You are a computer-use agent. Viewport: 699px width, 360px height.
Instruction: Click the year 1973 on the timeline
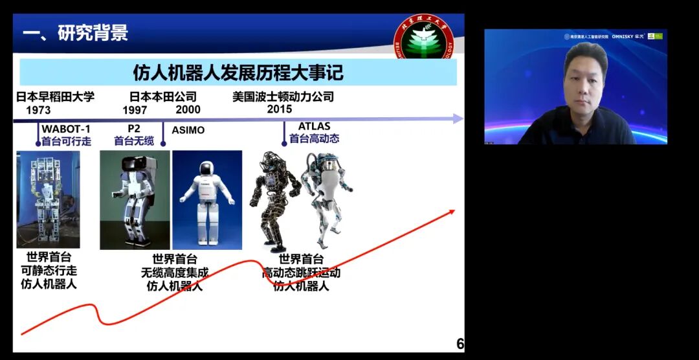pos(38,110)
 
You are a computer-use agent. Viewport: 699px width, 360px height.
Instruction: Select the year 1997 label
pos(135,110)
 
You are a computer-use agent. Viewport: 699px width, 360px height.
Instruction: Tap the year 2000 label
pos(188,110)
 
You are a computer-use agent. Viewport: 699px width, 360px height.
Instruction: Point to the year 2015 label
pos(280,109)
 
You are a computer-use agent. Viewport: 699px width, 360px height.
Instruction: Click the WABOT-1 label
pos(66,129)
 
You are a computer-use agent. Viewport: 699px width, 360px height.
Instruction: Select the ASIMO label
pos(188,130)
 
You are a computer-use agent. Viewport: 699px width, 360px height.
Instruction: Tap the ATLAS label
pos(314,126)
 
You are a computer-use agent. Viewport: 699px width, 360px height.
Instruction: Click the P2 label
pos(134,129)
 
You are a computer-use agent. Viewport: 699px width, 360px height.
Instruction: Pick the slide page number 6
pos(460,344)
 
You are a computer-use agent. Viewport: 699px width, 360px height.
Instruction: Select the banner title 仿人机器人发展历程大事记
pos(238,72)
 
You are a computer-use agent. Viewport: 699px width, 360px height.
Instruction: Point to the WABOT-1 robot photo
pos(48,199)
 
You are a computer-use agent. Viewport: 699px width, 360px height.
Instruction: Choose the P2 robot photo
pos(135,199)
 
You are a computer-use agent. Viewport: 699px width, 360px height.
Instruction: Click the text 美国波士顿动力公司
pos(283,97)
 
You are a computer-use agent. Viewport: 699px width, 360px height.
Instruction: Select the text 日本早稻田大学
pos(56,97)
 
